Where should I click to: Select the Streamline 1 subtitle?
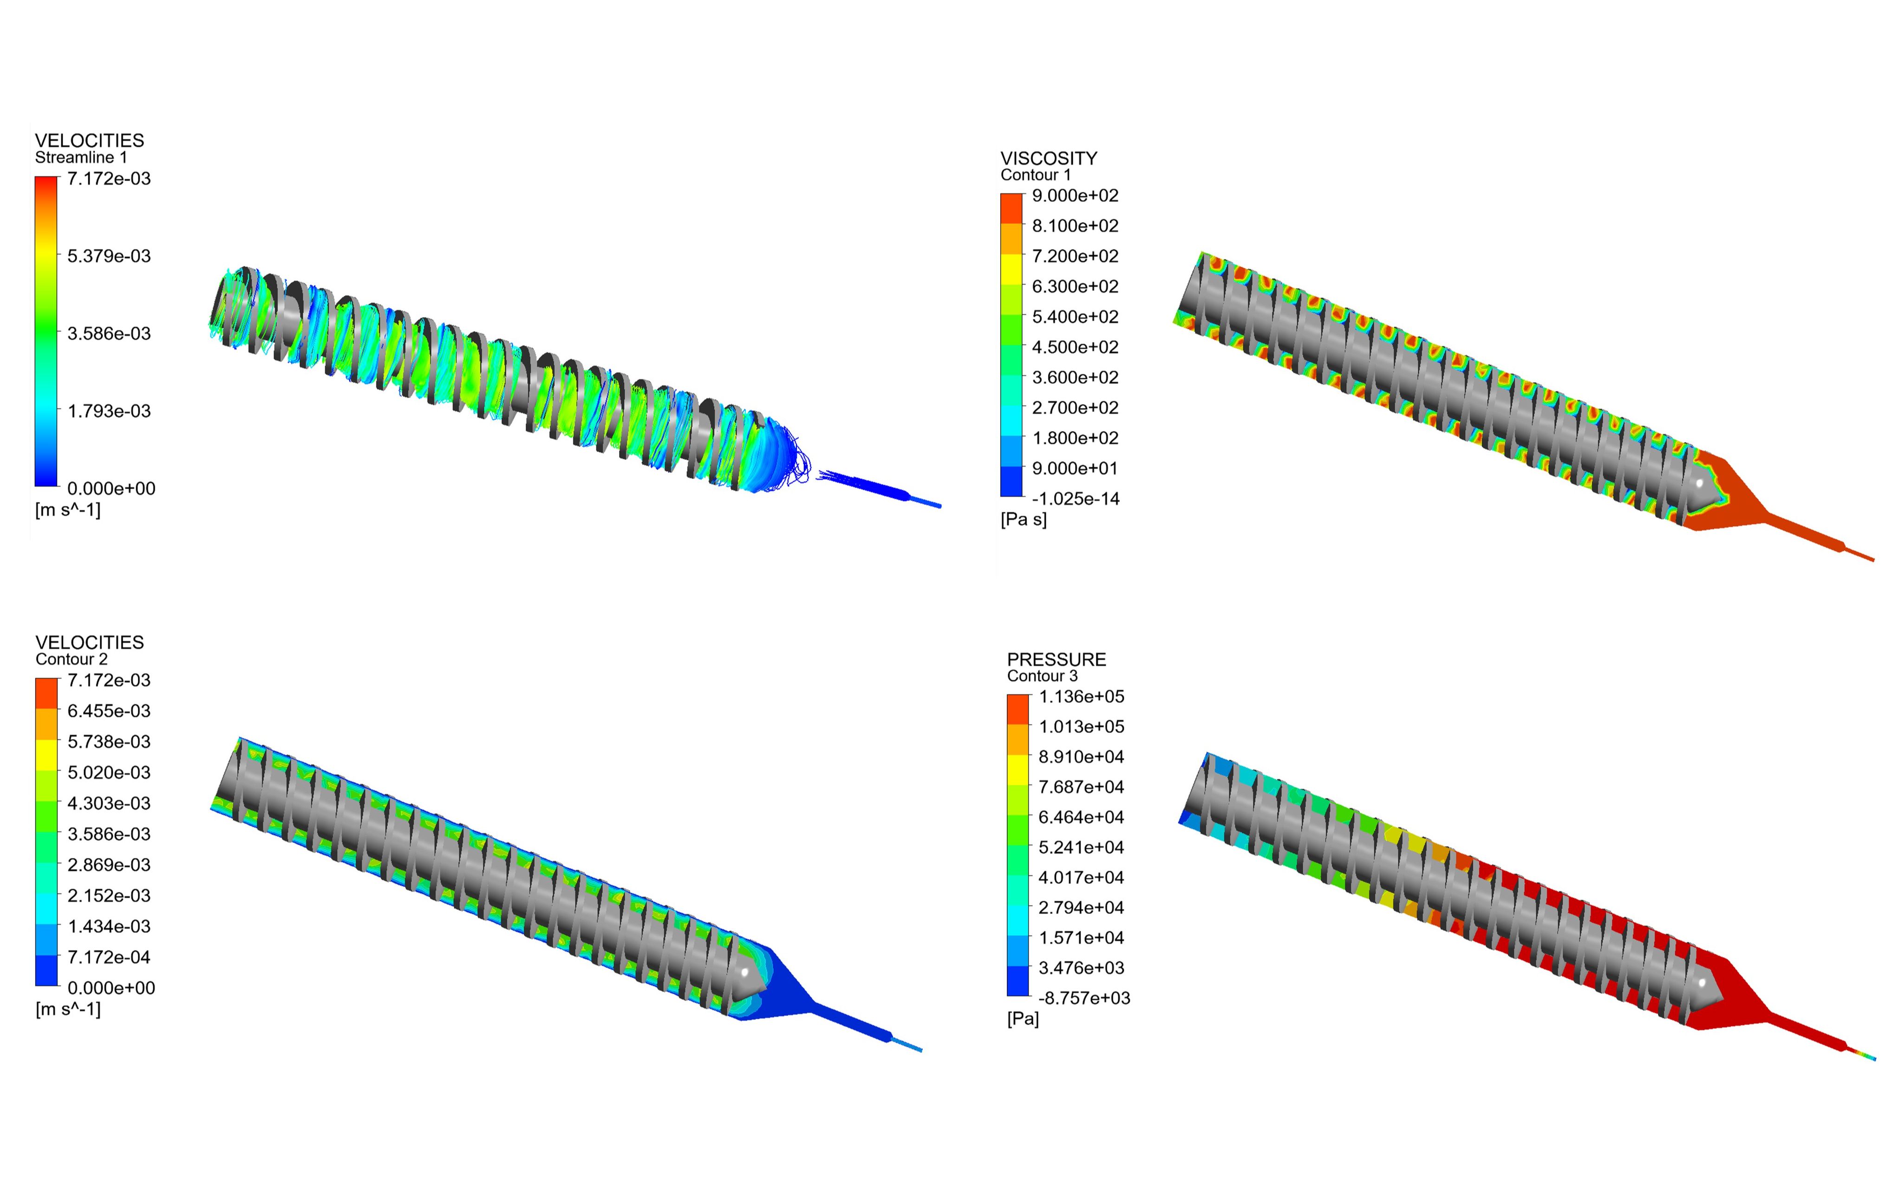81,157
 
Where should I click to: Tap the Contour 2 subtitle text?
72,659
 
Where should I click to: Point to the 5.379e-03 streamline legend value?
109,256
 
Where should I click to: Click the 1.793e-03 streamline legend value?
109,411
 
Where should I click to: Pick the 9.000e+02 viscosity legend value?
1076,195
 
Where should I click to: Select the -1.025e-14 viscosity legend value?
1076,498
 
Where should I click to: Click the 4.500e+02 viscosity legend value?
1076,347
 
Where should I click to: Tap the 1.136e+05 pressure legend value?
1082,697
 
